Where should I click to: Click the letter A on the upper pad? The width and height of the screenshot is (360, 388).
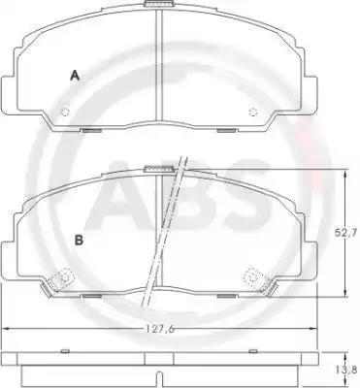coord(75,76)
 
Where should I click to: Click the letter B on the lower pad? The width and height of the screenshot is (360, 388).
coord(79,241)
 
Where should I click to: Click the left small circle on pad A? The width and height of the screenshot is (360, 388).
coord(65,112)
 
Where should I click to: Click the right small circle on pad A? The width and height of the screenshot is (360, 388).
coord(252,112)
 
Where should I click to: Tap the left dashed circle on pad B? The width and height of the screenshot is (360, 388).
coord(63,277)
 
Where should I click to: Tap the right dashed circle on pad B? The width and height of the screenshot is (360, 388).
coord(253,277)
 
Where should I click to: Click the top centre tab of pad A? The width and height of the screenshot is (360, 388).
coord(159,4)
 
